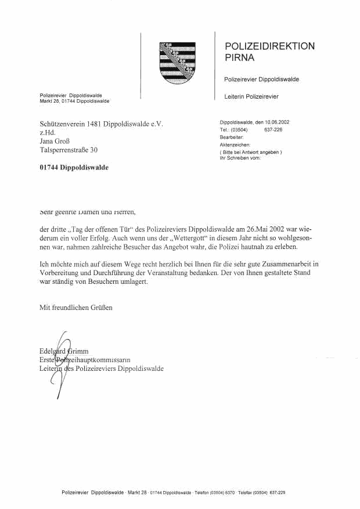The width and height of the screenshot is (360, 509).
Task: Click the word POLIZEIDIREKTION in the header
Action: tap(269, 46)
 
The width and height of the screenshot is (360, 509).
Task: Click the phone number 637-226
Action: tap(273, 131)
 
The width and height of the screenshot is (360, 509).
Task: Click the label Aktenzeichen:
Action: tap(235, 145)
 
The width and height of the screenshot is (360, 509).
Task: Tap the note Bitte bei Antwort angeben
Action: tap(250, 151)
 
